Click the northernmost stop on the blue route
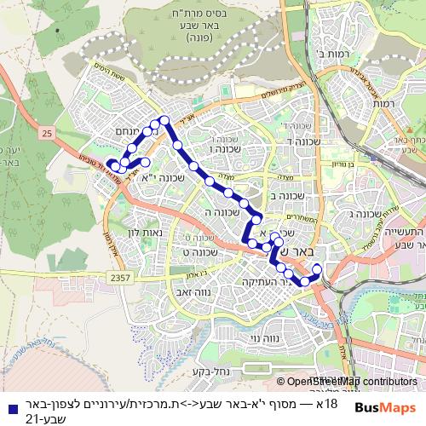click(164, 121)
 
